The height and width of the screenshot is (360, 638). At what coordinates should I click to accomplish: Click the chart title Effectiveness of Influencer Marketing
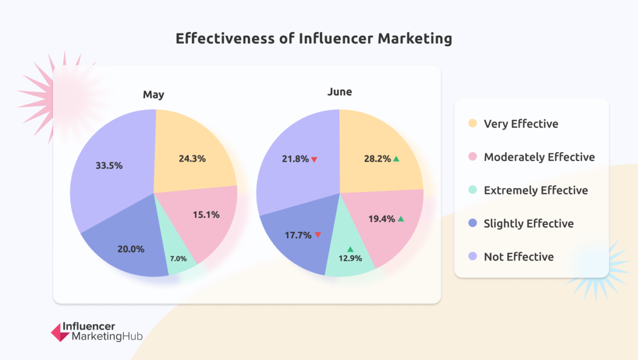click(x=314, y=39)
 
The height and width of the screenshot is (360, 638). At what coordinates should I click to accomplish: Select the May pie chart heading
click(x=153, y=95)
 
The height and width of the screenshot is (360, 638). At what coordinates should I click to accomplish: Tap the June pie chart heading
click(x=340, y=91)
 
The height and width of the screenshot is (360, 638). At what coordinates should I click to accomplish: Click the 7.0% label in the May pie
click(x=178, y=258)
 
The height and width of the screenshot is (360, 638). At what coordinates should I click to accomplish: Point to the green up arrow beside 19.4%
click(x=401, y=219)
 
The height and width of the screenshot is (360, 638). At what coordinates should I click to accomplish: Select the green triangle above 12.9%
click(x=350, y=249)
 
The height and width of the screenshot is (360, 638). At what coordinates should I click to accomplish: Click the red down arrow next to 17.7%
click(x=317, y=235)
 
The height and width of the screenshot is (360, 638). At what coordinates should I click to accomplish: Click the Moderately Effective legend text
click(x=539, y=157)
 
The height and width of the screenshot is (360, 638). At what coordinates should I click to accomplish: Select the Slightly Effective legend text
click(x=528, y=223)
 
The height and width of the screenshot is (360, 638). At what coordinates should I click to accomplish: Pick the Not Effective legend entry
click(x=518, y=257)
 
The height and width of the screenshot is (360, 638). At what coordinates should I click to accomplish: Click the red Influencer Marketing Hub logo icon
click(x=60, y=332)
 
